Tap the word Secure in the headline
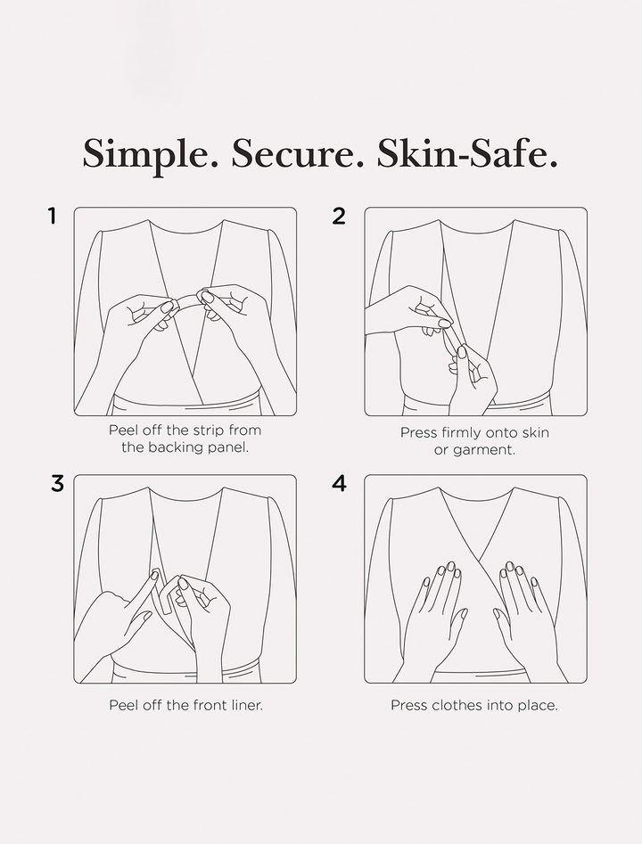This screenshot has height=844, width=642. (297, 153)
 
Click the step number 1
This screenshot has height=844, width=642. (52, 217)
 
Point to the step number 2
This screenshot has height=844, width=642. (339, 217)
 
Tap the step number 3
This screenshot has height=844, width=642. (58, 484)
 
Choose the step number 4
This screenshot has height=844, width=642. (340, 484)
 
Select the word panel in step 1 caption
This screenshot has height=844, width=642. (228, 447)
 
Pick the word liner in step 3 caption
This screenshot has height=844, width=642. (247, 705)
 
